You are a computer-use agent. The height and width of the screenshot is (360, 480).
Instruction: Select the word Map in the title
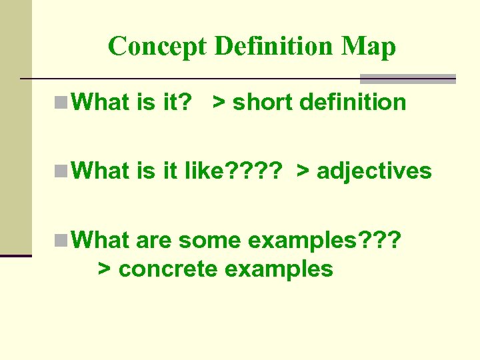[369, 46]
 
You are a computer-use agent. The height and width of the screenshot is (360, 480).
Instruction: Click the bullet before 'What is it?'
[61, 103]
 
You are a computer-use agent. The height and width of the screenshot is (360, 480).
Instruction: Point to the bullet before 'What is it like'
[61, 171]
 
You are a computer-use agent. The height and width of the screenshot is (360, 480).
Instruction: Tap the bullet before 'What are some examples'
[61, 239]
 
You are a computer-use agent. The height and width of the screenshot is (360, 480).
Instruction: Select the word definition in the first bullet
[353, 103]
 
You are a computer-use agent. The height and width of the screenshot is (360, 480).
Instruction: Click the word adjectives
[375, 171]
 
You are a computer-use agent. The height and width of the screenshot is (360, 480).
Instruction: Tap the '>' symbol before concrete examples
[104, 269]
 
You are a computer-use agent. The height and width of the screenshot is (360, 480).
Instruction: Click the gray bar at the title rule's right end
[408, 78]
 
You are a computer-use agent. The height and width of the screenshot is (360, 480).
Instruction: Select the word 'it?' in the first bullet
[177, 103]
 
